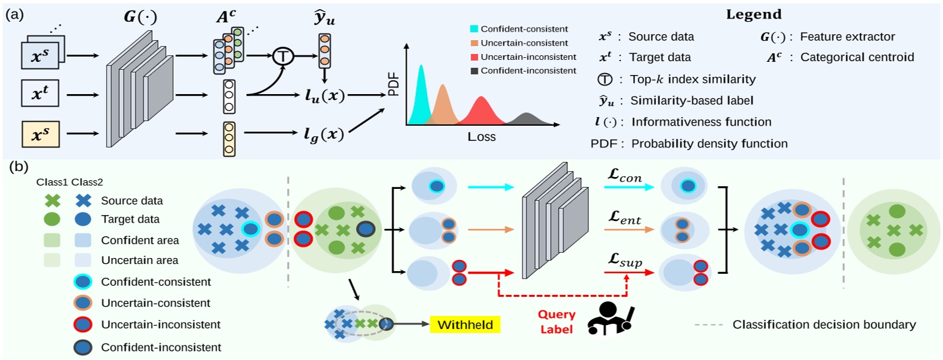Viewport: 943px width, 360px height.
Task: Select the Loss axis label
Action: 480,138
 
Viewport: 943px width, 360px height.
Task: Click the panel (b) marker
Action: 18,167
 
